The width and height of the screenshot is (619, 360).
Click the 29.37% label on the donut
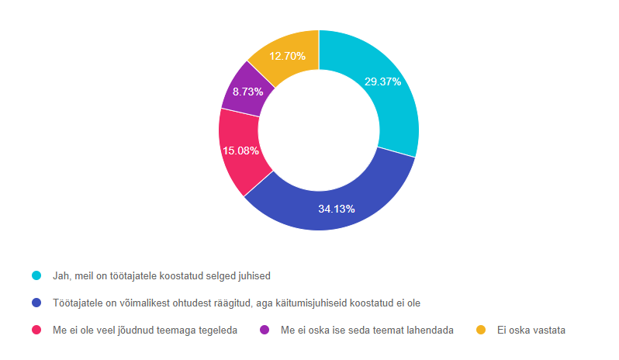382,81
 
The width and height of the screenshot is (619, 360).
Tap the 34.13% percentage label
337,208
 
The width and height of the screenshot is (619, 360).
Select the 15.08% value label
241,151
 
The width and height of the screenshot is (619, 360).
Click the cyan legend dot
36,275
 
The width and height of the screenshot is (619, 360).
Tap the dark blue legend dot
36,303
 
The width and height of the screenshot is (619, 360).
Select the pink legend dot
36,330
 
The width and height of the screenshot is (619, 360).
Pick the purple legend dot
265,330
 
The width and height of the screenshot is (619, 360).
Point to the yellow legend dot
481,330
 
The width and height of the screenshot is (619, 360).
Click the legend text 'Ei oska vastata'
531,330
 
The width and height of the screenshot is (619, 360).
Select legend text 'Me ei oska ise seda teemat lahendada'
366,330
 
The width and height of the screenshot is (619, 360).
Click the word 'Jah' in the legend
58,275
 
